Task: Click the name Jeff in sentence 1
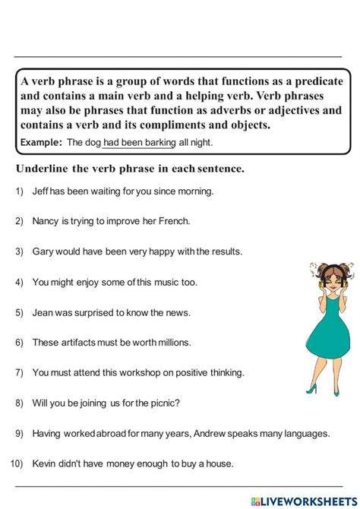pos(41,191)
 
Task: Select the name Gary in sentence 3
pos(44,251)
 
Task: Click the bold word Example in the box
pos(41,143)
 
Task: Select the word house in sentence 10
pos(219,463)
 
